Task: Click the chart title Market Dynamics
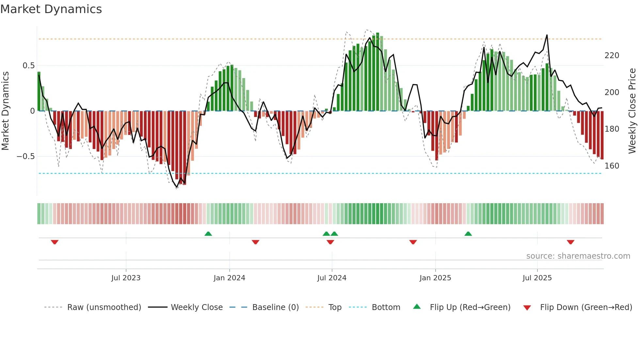point(51,9)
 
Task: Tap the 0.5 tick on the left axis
point(28,66)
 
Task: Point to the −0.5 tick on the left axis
point(25,156)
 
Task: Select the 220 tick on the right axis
point(612,56)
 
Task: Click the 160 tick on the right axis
point(612,166)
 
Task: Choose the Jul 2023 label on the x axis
point(126,278)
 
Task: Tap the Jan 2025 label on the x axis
point(435,278)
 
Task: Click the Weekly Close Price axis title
point(632,111)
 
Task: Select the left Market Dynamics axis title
point(5,111)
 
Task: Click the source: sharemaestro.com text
point(578,256)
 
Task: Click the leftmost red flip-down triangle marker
point(55,242)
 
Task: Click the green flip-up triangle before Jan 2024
point(208,234)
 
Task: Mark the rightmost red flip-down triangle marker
point(570,242)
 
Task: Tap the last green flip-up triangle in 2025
point(468,234)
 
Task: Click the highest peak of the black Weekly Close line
point(547,35)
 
